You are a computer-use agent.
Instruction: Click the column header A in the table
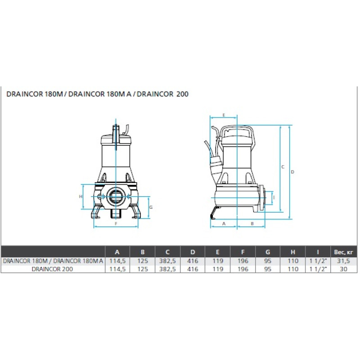point(117,252)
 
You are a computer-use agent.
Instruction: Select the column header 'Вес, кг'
point(343,252)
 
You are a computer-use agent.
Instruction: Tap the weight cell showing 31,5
point(343,261)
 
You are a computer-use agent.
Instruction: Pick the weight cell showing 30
point(343,269)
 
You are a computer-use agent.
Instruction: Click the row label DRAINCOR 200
point(52,269)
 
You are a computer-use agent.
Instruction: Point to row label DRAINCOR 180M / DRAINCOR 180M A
point(53,261)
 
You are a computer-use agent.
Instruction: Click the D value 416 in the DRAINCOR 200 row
point(193,269)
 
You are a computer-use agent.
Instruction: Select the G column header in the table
point(268,252)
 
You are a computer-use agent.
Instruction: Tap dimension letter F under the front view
point(116,223)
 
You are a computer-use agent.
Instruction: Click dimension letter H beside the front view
point(81,197)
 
